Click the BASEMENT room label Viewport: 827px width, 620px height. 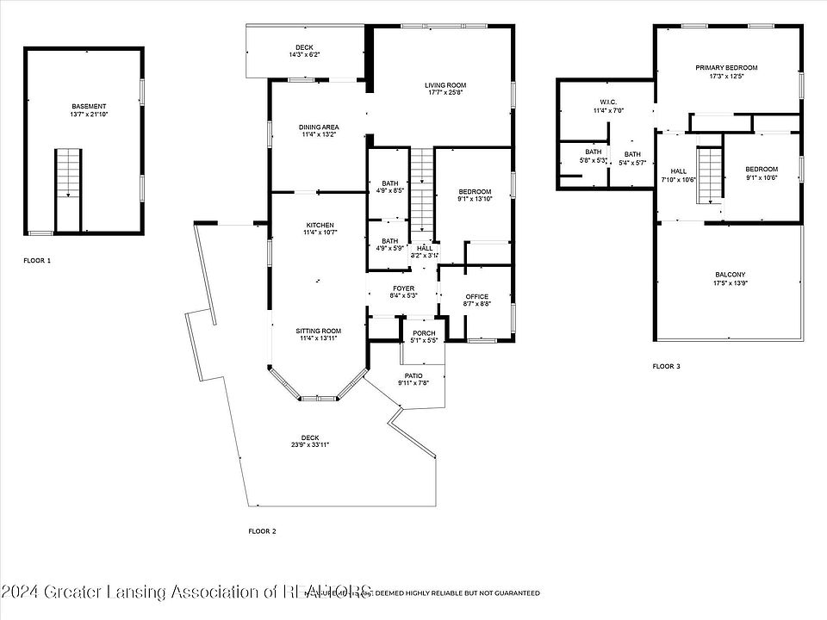(89, 106)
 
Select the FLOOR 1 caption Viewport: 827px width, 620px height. (37, 259)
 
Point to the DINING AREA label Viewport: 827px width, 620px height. (319, 127)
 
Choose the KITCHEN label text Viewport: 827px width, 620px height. (318, 225)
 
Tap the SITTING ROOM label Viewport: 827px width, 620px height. (318, 331)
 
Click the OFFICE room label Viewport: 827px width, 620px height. (476, 296)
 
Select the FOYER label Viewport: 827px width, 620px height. (403, 288)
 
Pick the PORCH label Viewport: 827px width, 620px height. (423, 333)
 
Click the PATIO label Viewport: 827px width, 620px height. (414, 375)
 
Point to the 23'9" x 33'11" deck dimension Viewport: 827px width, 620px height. (310, 444)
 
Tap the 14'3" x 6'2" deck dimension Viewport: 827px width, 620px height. (304, 54)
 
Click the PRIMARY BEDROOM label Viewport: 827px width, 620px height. (726, 67)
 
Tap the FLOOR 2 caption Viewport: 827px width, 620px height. (262, 531)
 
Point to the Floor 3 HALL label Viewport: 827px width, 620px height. (678, 170)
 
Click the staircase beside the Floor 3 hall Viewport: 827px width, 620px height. (709, 174)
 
